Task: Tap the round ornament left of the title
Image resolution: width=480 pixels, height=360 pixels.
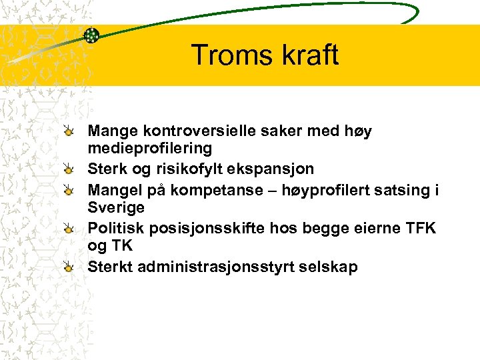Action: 91,35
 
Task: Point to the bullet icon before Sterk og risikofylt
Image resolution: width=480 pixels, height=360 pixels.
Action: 69,171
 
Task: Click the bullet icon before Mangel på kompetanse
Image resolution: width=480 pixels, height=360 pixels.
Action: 69,191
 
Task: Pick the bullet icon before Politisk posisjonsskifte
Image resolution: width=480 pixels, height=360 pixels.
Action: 69,229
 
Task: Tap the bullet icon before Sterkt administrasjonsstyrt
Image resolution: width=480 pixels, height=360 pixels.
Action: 69,267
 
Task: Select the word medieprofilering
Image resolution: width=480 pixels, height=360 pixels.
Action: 150,147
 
